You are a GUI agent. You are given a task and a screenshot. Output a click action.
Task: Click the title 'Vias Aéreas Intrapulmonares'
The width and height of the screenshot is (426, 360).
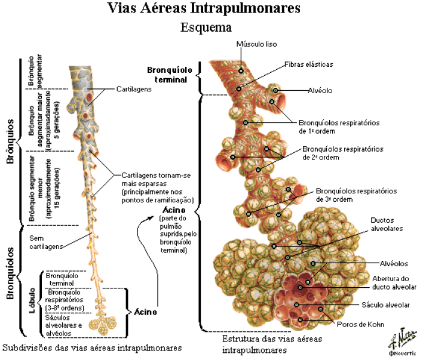[x=204, y=8]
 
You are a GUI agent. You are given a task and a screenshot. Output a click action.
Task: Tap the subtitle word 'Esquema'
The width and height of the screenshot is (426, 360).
[x=206, y=27]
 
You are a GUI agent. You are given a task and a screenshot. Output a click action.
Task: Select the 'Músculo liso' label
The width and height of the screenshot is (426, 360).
[x=256, y=44]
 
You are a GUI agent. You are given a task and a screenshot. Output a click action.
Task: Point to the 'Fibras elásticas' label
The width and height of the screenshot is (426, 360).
[x=309, y=64]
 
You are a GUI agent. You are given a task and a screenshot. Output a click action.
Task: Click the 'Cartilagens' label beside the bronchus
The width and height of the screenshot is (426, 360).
[x=134, y=90]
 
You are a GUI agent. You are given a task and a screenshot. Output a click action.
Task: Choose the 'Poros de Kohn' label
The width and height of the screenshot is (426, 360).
[x=360, y=324]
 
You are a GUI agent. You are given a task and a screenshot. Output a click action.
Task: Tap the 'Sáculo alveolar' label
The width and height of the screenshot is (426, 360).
[x=385, y=305]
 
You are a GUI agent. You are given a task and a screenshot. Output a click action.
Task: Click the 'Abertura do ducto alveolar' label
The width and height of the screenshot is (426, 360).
[x=394, y=283]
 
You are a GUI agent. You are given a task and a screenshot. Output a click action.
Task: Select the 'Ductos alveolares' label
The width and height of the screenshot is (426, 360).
[x=387, y=224]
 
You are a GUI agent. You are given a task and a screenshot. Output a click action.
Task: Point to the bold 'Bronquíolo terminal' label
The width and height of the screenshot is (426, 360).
[x=170, y=75]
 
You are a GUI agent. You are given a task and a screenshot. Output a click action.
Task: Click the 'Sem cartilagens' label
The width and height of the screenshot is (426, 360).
[x=46, y=242]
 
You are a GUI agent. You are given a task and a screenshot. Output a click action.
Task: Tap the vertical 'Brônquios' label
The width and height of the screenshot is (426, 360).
[x=10, y=141]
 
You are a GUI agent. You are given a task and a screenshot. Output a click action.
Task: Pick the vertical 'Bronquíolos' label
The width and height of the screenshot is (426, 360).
[x=10, y=273]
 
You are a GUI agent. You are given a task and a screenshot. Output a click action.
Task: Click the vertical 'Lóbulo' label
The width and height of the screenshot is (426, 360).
[x=32, y=300]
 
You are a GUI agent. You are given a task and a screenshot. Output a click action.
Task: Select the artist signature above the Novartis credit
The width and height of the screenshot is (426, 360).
[x=402, y=339]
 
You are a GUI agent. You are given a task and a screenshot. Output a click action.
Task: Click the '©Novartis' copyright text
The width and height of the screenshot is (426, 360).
[x=402, y=353]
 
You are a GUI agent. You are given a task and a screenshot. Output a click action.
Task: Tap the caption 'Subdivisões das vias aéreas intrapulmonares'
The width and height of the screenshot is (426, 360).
[x=92, y=348]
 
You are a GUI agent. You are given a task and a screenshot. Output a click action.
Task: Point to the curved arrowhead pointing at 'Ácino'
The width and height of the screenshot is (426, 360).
[x=150, y=218]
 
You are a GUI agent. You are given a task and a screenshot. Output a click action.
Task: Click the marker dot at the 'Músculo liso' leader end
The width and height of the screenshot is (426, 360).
[x=241, y=71]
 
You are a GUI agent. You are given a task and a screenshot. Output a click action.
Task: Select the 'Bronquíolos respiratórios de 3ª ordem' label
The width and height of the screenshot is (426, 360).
[x=356, y=195]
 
